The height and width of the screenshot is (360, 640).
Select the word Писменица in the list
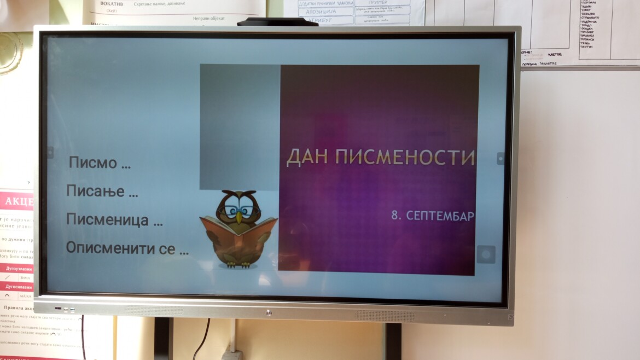(107, 220)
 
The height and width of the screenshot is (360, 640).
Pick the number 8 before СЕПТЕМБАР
(395, 216)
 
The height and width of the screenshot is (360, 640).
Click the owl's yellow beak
(238, 217)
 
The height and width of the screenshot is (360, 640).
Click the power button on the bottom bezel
(268, 313)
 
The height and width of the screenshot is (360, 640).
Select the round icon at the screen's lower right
(486, 254)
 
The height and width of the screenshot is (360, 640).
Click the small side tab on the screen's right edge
(500, 158)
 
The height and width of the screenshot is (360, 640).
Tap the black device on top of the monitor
(277, 22)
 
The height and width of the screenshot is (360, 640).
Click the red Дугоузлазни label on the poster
(19, 269)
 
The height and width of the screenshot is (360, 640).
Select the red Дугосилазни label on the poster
(19, 287)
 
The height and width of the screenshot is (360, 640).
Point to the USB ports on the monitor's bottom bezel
(65, 309)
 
